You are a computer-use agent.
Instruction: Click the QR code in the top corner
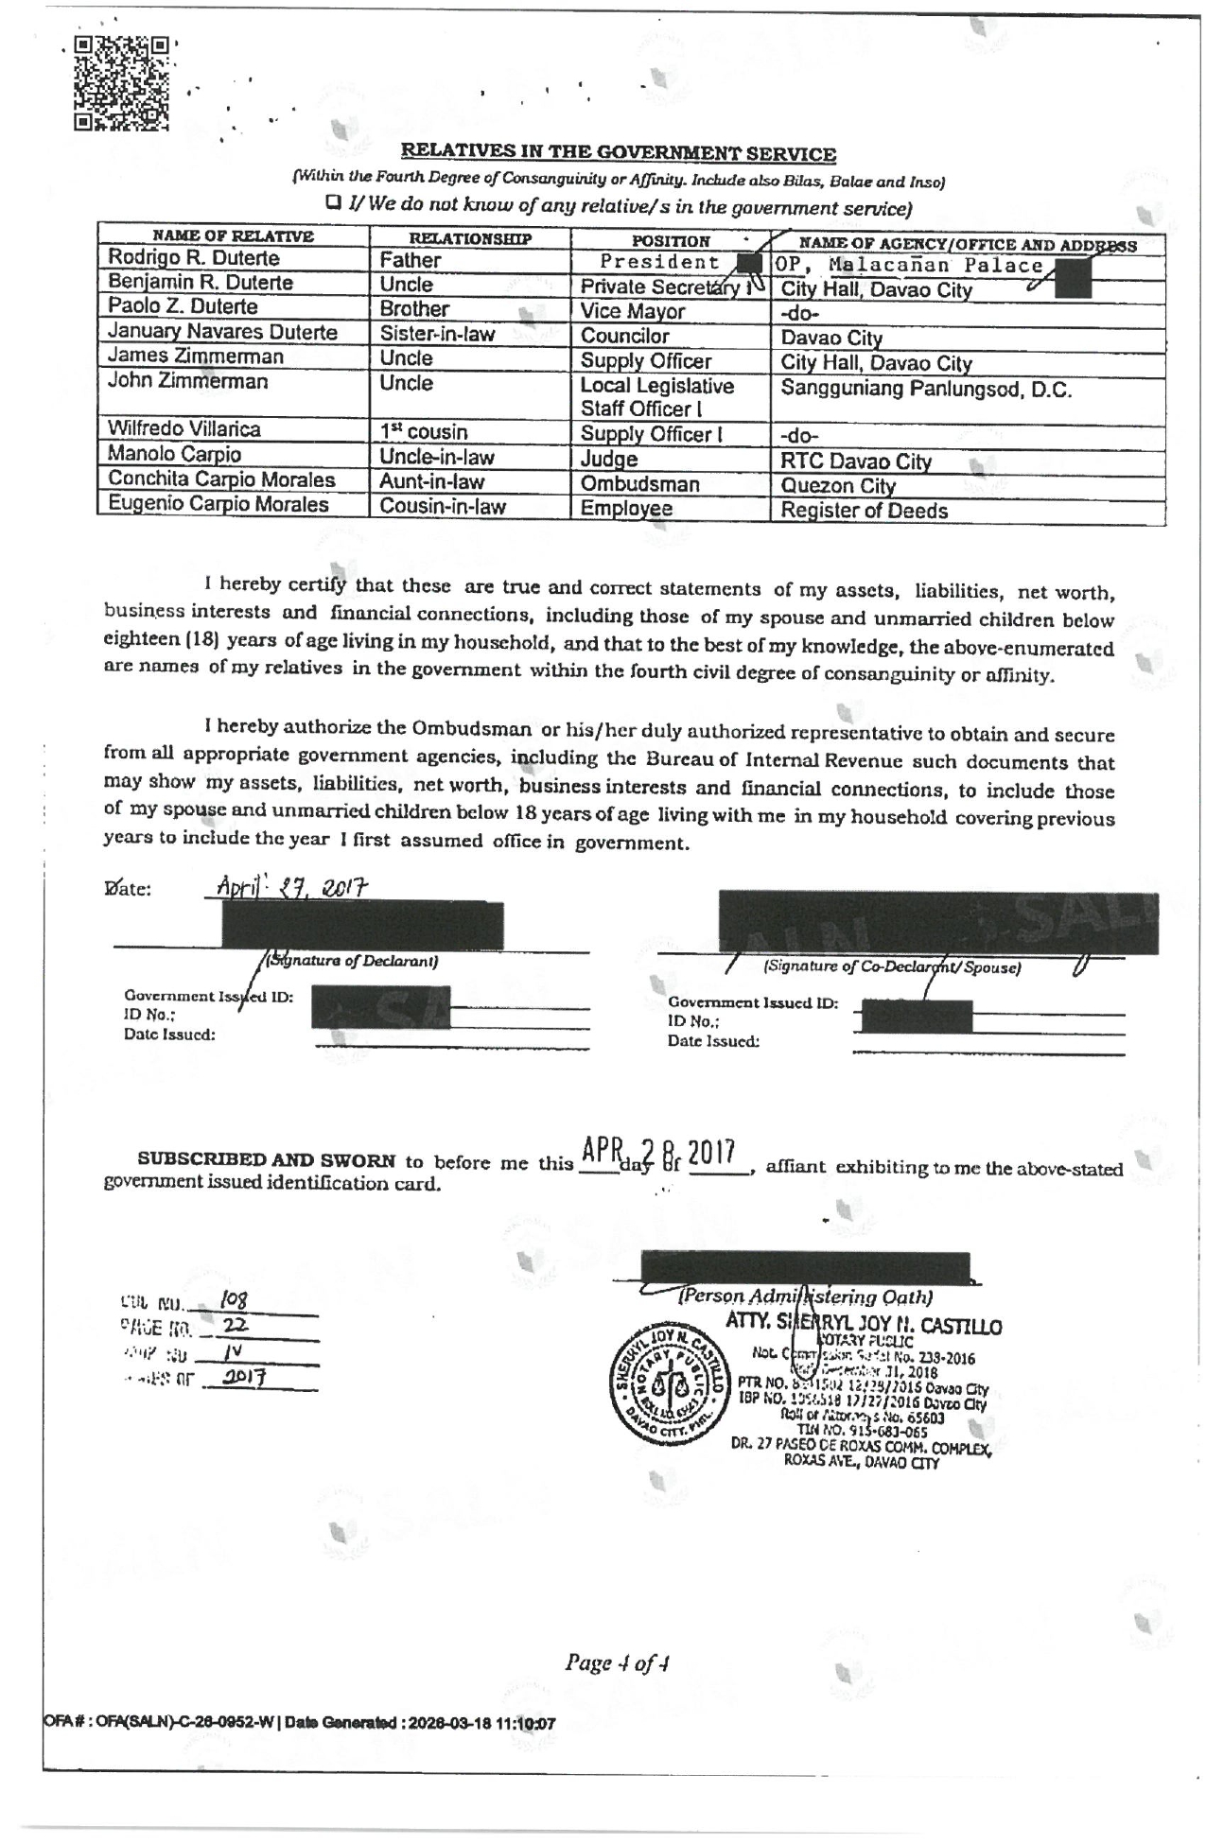[122, 83]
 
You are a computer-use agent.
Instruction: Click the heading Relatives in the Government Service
[618, 153]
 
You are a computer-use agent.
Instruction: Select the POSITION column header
[670, 241]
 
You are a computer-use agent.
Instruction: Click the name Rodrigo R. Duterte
[194, 258]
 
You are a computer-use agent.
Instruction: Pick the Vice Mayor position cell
[633, 312]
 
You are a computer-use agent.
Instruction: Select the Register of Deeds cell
[864, 512]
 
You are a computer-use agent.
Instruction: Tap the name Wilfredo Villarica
[184, 429]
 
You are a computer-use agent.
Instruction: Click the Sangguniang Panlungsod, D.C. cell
[926, 391]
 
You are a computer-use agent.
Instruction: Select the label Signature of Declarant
[351, 962]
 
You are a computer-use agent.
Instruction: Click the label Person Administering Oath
[805, 1296]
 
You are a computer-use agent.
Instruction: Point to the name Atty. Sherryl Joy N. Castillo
[863, 1327]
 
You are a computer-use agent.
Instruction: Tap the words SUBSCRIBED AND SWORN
[266, 1159]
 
